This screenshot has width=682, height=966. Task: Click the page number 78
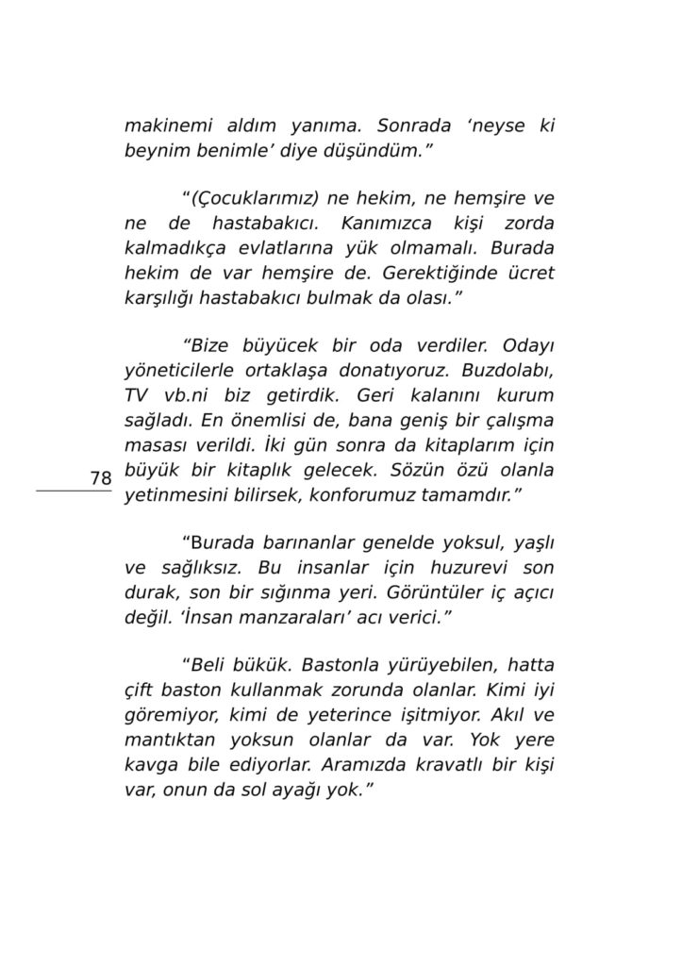click(101, 478)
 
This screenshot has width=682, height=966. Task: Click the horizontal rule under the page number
click(74, 491)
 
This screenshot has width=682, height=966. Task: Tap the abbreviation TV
click(138, 396)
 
